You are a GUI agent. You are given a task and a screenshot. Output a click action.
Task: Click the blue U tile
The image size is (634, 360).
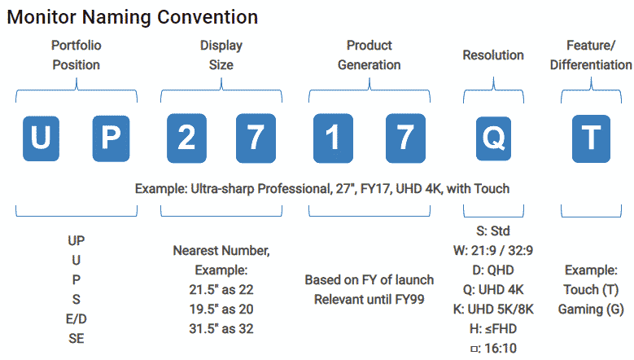(41, 138)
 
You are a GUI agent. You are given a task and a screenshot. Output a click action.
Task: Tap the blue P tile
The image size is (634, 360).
(111, 138)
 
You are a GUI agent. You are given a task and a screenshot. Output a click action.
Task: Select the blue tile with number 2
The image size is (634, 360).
(186, 138)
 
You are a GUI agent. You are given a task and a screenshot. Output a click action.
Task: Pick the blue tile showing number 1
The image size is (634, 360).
(333, 138)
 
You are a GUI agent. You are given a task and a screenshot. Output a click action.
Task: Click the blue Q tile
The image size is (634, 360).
(493, 138)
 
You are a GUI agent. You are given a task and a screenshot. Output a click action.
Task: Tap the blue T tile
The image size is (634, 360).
(591, 138)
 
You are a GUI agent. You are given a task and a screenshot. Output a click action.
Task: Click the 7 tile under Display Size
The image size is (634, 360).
(256, 138)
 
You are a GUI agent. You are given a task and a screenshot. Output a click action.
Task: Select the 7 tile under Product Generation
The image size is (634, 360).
(405, 138)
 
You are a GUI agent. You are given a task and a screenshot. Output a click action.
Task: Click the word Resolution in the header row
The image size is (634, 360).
(493, 55)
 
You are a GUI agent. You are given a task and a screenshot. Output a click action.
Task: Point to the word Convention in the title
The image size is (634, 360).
(208, 17)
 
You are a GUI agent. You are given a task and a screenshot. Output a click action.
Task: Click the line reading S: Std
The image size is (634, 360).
(493, 231)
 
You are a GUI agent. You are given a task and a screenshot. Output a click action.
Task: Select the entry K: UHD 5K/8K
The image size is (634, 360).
(493, 310)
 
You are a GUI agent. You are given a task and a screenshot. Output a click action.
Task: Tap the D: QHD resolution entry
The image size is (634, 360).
(493, 270)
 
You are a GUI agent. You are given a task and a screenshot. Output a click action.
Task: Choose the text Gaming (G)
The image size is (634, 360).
(591, 310)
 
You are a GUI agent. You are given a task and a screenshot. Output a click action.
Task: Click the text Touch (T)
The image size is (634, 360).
(591, 290)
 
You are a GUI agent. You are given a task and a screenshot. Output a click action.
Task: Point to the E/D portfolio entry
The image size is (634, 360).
(76, 319)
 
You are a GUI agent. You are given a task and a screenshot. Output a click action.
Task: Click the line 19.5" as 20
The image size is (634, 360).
(221, 310)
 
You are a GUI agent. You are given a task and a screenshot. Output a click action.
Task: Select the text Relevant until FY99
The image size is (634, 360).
(369, 300)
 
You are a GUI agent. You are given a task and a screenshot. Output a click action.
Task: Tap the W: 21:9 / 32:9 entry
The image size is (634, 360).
(493, 251)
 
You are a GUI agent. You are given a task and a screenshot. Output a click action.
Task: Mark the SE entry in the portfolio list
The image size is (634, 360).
(76, 339)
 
